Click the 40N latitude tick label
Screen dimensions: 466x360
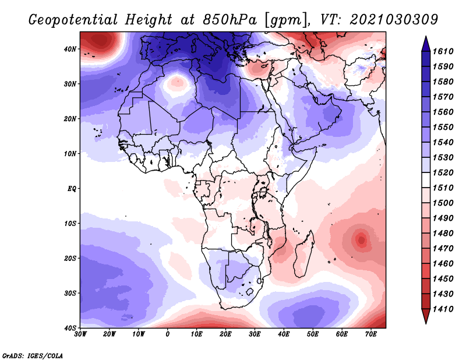click(70, 49)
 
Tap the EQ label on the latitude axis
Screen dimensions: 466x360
click(72, 189)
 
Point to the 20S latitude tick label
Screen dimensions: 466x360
click(70, 258)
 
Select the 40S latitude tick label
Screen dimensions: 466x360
click(70, 328)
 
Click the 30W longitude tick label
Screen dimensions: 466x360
click(80, 334)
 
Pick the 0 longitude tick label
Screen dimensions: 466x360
click(167, 334)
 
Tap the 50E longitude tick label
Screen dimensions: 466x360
click(313, 334)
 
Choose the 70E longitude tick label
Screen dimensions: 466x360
click(371, 334)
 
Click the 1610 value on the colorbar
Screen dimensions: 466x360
click(443, 51)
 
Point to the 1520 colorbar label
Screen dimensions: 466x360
click(443, 172)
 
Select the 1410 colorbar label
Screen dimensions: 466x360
click(443, 309)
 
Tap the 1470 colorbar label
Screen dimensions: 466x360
click(443, 249)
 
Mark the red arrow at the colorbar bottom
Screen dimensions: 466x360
click(426, 316)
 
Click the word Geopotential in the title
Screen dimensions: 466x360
click(73, 20)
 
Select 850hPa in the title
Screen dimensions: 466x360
click(230, 20)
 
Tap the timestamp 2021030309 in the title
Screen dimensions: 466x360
click(394, 20)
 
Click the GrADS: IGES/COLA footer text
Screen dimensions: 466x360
click(33, 356)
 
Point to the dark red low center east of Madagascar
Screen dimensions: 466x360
click(361, 239)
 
